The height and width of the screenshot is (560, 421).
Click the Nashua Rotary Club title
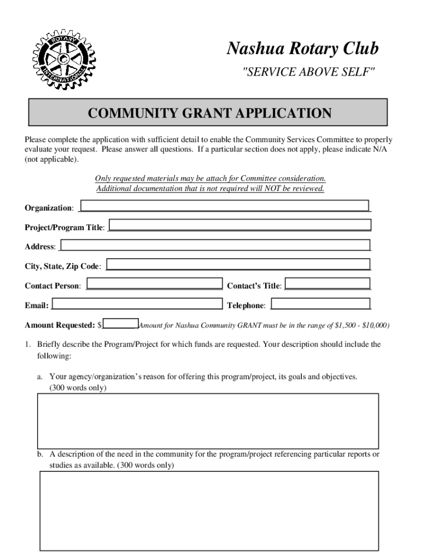coord(302,49)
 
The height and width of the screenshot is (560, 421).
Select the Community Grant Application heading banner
coord(209,113)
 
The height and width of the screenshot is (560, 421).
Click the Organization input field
coord(225,206)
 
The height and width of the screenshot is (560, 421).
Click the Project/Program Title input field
coord(241,225)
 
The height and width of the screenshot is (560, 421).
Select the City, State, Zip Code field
coord(238,264)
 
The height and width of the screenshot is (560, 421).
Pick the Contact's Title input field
coord(328,284)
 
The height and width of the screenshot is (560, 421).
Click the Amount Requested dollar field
coord(121,324)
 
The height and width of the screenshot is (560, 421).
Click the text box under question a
coord(207,421)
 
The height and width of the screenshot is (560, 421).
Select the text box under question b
coord(209,510)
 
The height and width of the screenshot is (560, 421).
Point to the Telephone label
coord(246,305)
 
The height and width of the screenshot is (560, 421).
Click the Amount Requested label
coord(60,325)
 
